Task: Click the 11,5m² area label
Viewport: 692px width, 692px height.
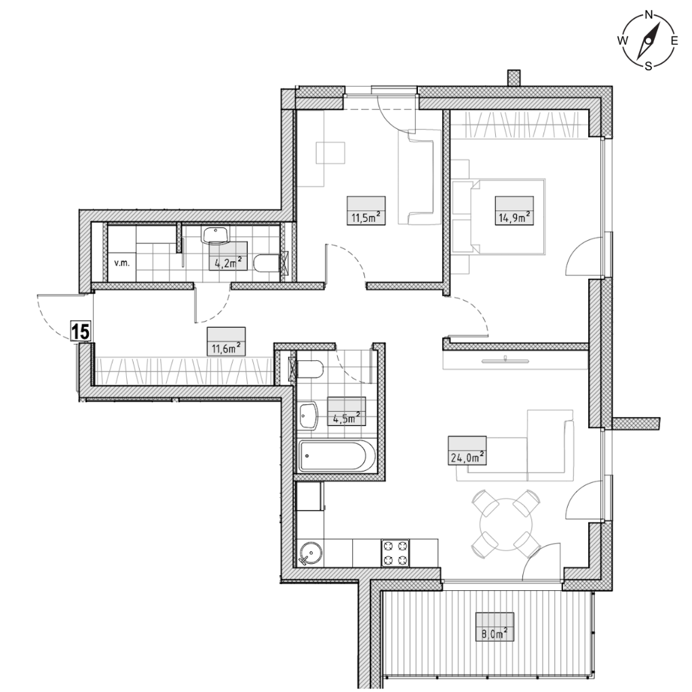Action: pyautogui.click(x=366, y=217)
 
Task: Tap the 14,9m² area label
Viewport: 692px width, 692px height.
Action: pyautogui.click(x=514, y=217)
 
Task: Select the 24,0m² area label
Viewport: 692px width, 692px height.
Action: pyautogui.click(x=467, y=457)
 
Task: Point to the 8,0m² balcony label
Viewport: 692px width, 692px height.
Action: pyautogui.click(x=495, y=634)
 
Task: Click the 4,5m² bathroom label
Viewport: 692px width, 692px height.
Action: pyautogui.click(x=347, y=418)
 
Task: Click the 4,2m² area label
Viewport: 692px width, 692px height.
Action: pyautogui.click(x=228, y=263)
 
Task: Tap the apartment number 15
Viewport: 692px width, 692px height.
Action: pyautogui.click(x=81, y=331)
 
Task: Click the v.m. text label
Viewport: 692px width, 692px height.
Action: pyautogui.click(x=121, y=263)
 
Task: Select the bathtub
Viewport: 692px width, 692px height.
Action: pyautogui.click(x=337, y=457)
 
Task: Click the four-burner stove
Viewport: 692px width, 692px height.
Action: pyautogui.click(x=395, y=553)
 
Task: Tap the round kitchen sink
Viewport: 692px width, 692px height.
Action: pyautogui.click(x=311, y=554)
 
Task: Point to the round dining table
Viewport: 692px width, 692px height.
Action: pyautogui.click(x=506, y=524)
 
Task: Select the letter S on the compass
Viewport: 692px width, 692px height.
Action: pyautogui.click(x=649, y=66)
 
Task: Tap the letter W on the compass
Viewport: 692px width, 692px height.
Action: pyautogui.click(x=623, y=41)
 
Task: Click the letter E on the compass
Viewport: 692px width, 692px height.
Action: pyautogui.click(x=674, y=41)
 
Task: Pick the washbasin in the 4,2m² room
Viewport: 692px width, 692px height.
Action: pyautogui.click(x=216, y=235)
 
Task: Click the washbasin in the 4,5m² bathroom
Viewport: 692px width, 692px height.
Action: pyautogui.click(x=308, y=415)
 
